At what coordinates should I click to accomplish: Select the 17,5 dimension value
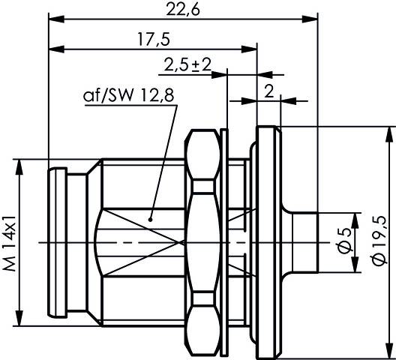click(151, 40)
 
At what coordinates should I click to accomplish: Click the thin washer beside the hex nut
click(225, 240)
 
